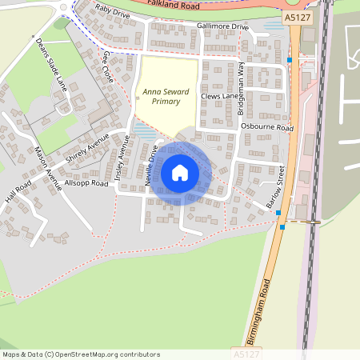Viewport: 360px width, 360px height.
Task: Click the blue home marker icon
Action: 180,173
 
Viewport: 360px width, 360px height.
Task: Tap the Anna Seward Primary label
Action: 166,97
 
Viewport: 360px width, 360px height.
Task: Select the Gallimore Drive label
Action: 222,26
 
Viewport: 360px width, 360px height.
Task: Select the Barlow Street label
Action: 276,187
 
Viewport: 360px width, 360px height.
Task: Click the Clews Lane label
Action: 220,97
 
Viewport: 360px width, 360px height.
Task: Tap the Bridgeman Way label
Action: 241,86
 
